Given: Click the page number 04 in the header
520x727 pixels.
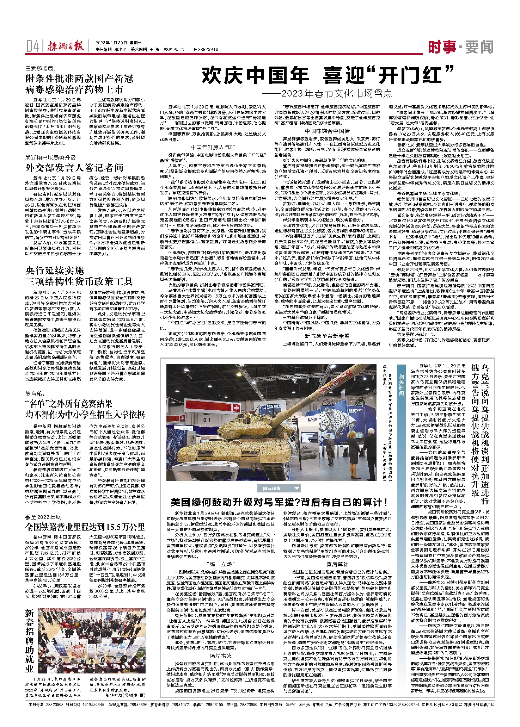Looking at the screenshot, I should [x=32, y=46].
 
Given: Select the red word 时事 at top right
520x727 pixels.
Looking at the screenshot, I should [x=442, y=46].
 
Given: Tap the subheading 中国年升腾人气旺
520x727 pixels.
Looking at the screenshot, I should [x=213, y=147].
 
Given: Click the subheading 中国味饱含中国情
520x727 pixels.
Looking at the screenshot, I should [x=327, y=131].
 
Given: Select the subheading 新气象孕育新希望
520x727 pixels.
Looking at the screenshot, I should [x=327, y=336].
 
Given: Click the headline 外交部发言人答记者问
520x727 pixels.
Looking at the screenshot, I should [x=74, y=167].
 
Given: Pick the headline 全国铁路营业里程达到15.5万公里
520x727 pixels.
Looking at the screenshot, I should [x=85, y=527].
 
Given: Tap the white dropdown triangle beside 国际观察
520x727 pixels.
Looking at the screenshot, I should [x=296, y=489].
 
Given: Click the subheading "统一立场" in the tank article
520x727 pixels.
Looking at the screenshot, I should [x=220, y=564].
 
